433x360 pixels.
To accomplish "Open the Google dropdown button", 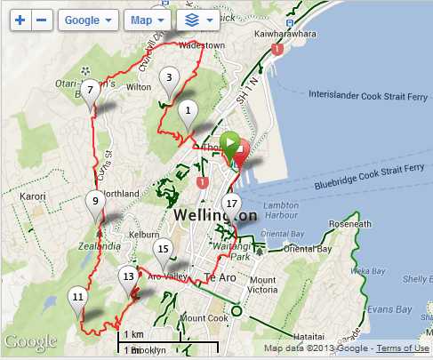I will coord(89,19).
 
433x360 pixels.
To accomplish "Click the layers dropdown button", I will coord(198,19).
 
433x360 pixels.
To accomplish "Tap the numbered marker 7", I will coord(90,91).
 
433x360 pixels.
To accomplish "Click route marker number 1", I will coord(187,111).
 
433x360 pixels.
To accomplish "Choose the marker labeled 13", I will coord(128,276).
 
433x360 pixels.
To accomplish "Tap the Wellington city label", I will coord(216,216).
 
